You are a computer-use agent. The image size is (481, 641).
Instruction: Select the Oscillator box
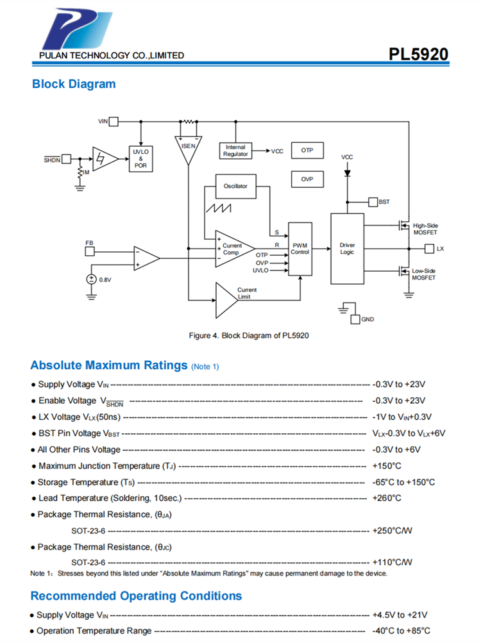[x=236, y=186]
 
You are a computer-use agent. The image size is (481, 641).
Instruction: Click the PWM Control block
[x=300, y=249]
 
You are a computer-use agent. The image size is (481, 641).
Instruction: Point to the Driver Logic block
[x=346, y=249]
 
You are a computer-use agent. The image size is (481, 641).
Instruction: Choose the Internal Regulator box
[x=235, y=151]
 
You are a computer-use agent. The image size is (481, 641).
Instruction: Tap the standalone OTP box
[x=307, y=151]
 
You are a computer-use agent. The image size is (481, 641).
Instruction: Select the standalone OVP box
[x=307, y=179]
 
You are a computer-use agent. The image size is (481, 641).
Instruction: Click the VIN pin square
[x=114, y=121]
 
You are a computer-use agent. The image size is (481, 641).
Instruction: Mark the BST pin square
[x=373, y=202]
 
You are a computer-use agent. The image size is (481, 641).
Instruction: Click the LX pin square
[x=430, y=248]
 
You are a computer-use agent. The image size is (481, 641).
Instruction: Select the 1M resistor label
[x=85, y=172]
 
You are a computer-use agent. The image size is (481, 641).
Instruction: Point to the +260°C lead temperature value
[x=387, y=498]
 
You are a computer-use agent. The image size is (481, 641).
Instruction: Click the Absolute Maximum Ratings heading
[x=108, y=365]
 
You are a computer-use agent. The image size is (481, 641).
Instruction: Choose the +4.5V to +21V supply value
[x=400, y=615]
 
